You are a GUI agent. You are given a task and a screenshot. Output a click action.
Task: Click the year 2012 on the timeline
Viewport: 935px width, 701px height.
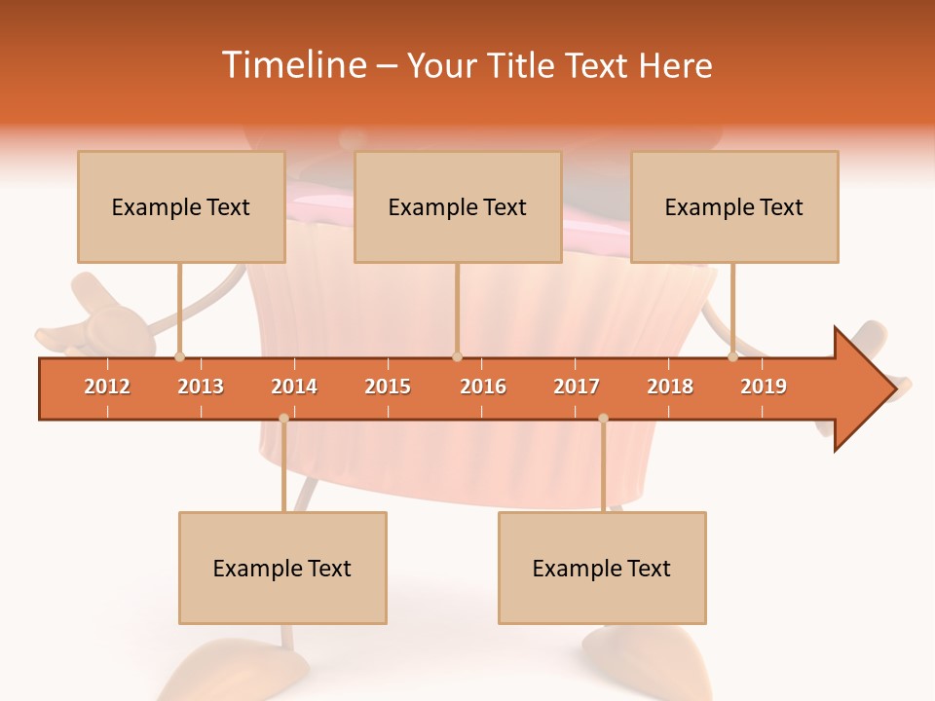pos(107,387)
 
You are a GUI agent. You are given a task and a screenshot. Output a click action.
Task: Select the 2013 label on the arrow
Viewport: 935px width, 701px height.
pos(201,387)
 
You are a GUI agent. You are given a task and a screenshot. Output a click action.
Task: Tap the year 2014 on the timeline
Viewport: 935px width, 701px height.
pos(294,387)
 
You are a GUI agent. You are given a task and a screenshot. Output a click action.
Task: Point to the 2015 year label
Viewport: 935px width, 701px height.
pos(388,387)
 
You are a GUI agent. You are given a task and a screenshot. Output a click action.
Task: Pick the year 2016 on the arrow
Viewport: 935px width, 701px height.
pos(483,387)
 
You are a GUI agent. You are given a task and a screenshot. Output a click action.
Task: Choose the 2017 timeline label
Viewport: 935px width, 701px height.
pos(577,387)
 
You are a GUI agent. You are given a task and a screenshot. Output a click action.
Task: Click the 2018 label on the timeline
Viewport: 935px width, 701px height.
pos(670,387)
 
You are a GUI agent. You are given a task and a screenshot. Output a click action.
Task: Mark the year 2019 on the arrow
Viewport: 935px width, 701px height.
pos(764,387)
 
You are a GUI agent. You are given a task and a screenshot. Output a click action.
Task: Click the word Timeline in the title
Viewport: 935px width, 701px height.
pos(293,65)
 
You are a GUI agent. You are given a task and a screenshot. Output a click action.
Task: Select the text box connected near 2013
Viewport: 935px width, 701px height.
pos(181,206)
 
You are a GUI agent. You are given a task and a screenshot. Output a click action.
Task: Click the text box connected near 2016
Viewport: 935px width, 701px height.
pos(458,206)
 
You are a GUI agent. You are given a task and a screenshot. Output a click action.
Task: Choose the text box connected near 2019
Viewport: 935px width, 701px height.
pos(734,206)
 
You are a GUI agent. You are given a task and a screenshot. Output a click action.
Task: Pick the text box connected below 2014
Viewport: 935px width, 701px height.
pos(282,568)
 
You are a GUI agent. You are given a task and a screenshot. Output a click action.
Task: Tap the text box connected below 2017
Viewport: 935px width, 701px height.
pos(602,568)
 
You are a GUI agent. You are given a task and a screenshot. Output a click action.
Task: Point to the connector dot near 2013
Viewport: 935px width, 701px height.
pos(179,357)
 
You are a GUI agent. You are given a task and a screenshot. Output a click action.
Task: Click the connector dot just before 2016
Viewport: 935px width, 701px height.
pos(458,357)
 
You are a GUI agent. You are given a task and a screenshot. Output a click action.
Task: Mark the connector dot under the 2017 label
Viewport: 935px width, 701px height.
pos(603,419)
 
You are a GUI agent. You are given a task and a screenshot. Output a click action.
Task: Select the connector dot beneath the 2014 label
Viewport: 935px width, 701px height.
pos(283,419)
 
